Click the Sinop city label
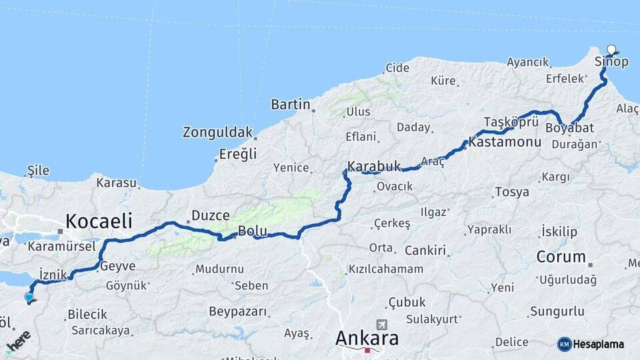point(611,62)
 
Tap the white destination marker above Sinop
point(612,49)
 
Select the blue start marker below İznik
point(29,298)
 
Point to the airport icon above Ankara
point(381,324)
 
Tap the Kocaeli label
point(98,221)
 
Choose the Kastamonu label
point(505,142)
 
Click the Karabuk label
point(374,166)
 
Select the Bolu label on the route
point(253,231)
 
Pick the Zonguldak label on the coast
point(218,133)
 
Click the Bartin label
point(291,104)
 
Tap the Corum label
point(561,256)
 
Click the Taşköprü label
point(511,122)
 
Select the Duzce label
point(211,215)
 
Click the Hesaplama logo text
point(599,344)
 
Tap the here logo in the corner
point(19,341)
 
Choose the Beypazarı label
point(238,311)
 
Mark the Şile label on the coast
point(38,171)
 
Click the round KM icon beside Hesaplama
point(564,344)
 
